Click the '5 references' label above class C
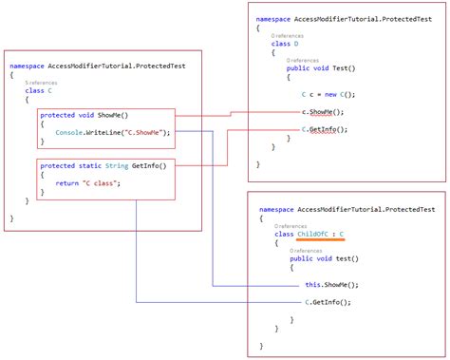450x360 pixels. tap(39, 84)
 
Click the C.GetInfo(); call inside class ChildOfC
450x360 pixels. tap(327, 302)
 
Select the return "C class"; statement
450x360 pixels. tap(86, 184)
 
